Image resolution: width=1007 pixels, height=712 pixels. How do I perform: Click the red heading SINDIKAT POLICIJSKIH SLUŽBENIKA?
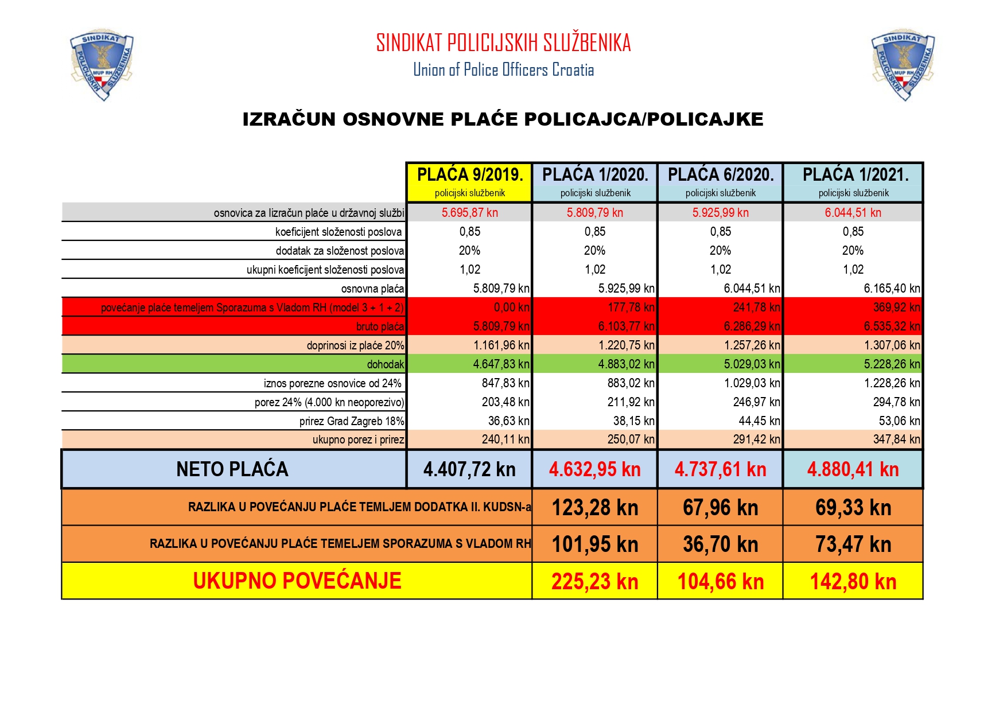tap(503, 43)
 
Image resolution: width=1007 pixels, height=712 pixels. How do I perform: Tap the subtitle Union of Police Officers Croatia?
tap(503, 70)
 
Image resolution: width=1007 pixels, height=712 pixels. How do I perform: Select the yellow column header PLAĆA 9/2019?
tap(469, 175)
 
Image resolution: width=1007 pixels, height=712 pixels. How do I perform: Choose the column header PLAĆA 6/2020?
tap(721, 175)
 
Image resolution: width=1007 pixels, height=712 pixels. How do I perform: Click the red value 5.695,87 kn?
tap(469, 213)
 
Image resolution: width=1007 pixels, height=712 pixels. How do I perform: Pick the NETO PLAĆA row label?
tap(232, 469)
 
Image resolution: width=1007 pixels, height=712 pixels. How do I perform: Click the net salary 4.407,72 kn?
tap(469, 469)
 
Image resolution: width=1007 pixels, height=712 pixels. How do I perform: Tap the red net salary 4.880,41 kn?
tap(853, 469)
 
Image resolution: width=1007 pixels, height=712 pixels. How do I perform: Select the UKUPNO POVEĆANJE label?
tap(297, 581)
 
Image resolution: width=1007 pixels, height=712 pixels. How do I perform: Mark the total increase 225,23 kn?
tap(594, 582)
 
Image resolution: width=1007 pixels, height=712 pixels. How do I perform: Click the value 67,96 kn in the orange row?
tap(720, 508)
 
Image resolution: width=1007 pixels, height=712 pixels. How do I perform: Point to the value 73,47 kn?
tap(853, 544)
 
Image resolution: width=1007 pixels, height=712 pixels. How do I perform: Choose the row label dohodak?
tap(386, 364)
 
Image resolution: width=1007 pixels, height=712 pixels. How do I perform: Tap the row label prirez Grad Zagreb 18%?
tap(351, 421)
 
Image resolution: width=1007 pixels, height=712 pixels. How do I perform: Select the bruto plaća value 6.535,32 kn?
tap(892, 326)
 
